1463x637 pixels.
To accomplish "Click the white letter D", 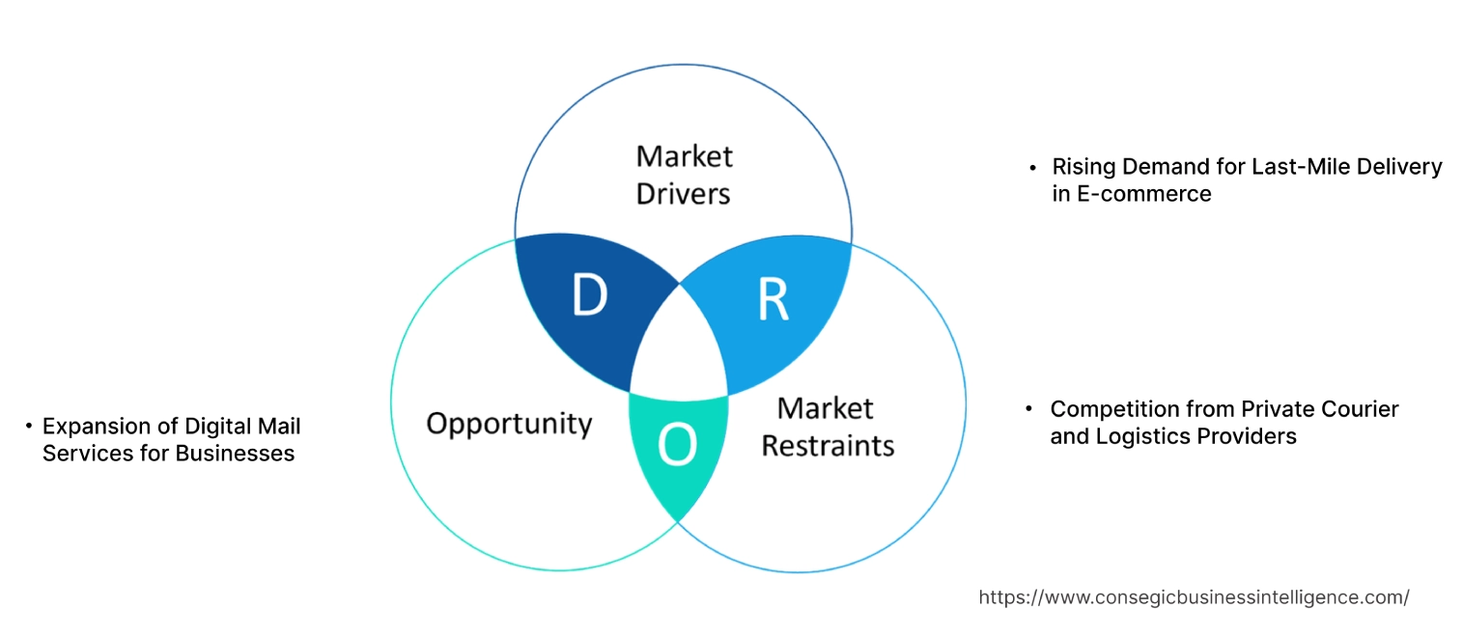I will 589,296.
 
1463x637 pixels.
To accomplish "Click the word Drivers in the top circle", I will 683,193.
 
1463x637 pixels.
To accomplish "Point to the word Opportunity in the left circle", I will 509,423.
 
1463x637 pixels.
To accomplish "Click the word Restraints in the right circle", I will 828,445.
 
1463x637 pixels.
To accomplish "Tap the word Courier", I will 1360,409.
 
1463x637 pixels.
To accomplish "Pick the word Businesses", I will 230,453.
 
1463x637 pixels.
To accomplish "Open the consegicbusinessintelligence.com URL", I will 1194,597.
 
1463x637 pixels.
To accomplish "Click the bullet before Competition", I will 1029,409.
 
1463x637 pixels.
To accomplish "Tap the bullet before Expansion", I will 30,426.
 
